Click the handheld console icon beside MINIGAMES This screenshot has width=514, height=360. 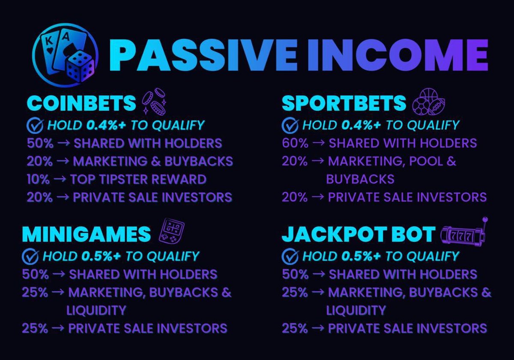(171, 232)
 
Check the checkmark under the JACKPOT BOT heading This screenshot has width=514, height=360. (290, 256)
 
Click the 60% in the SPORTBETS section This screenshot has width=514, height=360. (295, 143)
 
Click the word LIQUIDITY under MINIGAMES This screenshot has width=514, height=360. (96, 310)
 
